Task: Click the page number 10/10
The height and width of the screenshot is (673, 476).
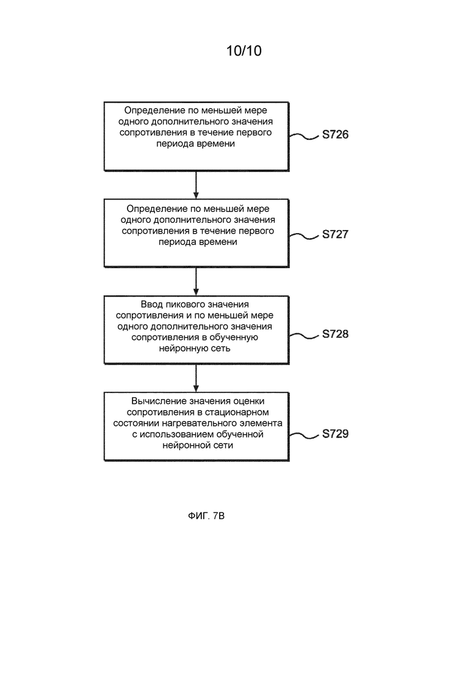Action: coord(243,51)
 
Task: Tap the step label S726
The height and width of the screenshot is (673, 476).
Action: coord(335,134)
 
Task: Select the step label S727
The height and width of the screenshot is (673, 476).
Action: coord(335,234)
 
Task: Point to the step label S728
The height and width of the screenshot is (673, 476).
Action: coord(335,334)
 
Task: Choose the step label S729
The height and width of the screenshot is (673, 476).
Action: coord(335,433)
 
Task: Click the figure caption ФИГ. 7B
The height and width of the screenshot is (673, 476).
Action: coord(206,516)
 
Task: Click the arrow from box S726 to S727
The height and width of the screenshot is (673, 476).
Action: coord(196,185)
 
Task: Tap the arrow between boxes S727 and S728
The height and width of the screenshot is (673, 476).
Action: coord(196,281)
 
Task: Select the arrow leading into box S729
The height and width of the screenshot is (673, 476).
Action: coord(196,378)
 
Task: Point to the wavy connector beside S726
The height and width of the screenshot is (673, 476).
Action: coord(304,137)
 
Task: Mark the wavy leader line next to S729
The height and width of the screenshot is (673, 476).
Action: coord(304,436)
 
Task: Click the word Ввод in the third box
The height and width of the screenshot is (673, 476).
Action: coord(151,304)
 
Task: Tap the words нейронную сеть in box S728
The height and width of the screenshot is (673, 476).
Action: coord(195,348)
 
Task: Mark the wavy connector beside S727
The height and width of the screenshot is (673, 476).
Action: coord(304,236)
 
